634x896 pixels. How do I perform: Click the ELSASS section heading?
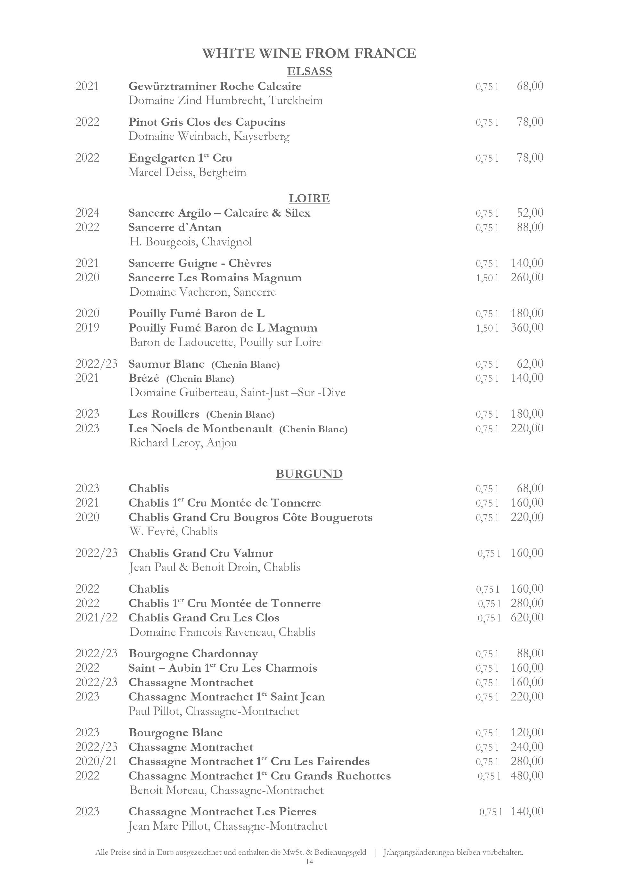[x=309, y=71]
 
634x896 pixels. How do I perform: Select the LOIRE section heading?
[x=309, y=198]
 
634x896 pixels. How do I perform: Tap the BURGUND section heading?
[x=309, y=474]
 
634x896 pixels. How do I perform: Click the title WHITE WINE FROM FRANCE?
[x=309, y=53]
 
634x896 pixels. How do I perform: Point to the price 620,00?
[x=527, y=617]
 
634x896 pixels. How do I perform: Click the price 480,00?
[x=527, y=775]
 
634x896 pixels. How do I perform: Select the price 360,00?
[x=527, y=327]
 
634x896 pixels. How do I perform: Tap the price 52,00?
[x=530, y=213]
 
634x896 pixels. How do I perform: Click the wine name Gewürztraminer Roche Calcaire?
[x=215, y=86]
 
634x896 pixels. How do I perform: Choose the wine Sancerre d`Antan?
[x=175, y=227]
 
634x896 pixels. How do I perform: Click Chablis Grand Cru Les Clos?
[x=204, y=618]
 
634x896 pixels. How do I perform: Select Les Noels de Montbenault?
[x=200, y=428]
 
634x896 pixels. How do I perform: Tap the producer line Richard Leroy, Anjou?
[x=183, y=443]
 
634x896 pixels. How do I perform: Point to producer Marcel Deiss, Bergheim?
[x=187, y=172]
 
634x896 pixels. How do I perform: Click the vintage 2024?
[x=87, y=213]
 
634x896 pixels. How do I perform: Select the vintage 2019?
[x=87, y=327]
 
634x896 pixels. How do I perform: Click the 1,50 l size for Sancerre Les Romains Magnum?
[x=487, y=278]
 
